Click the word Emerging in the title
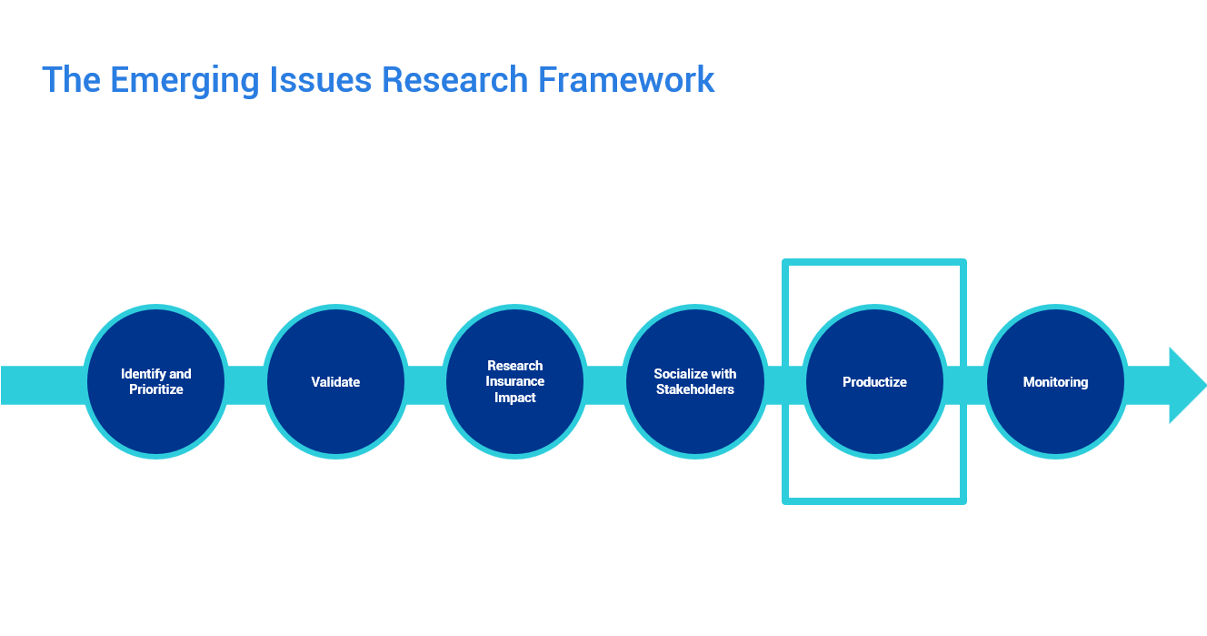click(x=185, y=81)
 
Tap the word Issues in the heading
click(x=321, y=80)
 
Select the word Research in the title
click(x=454, y=80)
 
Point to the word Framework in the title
click(x=626, y=80)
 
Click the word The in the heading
click(x=72, y=80)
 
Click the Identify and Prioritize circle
click(x=155, y=382)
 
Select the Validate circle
click(x=335, y=382)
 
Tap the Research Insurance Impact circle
click(x=514, y=382)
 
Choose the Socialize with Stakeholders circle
click(x=695, y=382)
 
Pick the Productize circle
click(x=874, y=382)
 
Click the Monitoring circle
click(x=1055, y=382)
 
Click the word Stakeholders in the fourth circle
click(x=695, y=389)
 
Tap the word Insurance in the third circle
click(x=514, y=381)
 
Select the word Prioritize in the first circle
click(x=155, y=389)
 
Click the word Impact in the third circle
click(x=514, y=399)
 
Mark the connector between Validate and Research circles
click(x=425, y=385)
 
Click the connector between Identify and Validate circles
click(x=245, y=385)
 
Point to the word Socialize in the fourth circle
click(x=680, y=374)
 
